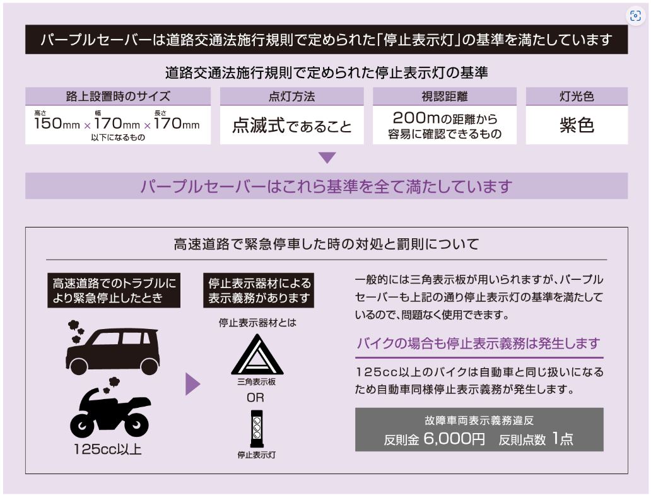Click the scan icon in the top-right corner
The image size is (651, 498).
[x=635, y=16]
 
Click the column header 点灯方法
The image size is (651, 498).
[x=292, y=96]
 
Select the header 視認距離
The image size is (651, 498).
[x=445, y=96]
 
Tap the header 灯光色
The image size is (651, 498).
[x=577, y=96]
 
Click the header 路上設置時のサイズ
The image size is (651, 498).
[x=118, y=96]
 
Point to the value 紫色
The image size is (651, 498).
[x=577, y=125]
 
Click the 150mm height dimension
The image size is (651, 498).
[x=57, y=124]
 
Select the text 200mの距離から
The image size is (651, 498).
[x=445, y=119]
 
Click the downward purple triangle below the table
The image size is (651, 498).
[x=327, y=158]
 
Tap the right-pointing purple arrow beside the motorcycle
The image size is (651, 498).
[x=192, y=384]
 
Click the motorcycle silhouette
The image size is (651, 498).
[x=110, y=408]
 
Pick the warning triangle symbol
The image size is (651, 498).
[x=257, y=356]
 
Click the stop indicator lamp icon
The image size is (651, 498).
[x=257, y=429]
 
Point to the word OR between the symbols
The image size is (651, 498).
[x=255, y=398]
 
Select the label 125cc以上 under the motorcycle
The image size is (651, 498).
[x=107, y=449]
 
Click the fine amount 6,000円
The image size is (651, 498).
[x=454, y=438]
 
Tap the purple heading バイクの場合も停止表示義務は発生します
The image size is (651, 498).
[x=479, y=343]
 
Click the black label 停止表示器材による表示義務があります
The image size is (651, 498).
[x=259, y=291]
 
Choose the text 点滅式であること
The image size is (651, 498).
[x=292, y=125]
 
